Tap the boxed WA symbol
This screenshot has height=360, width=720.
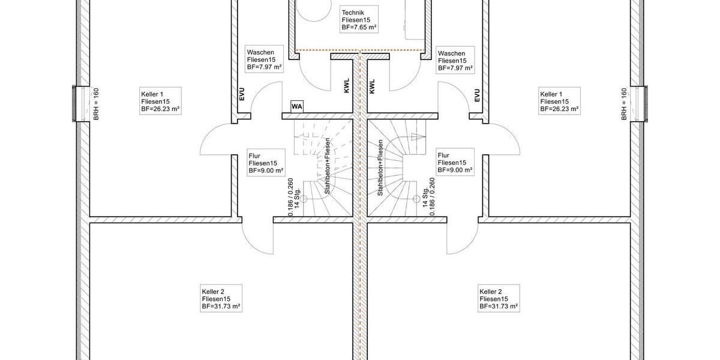tap(297, 106)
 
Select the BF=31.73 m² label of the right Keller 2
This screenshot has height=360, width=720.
tap(499, 307)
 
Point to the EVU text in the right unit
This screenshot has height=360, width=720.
tap(477, 95)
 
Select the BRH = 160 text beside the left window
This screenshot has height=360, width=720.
tap(95, 104)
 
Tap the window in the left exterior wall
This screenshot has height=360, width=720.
tap(76, 104)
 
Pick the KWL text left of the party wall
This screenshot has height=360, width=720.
tap(347, 87)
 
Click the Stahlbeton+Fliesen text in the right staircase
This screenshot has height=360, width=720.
tap(380, 168)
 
